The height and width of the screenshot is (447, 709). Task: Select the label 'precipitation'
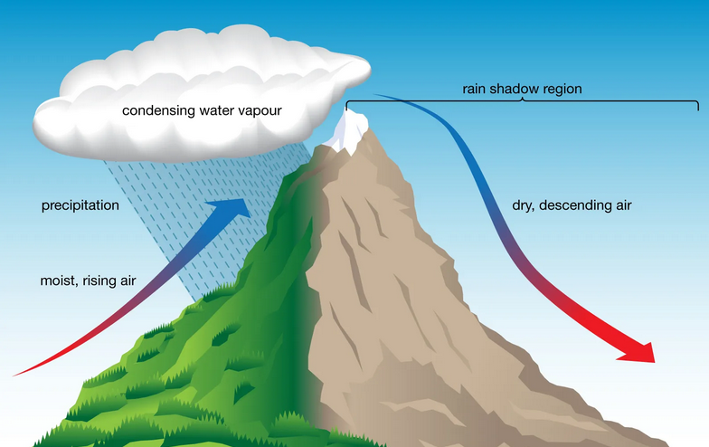[80, 205]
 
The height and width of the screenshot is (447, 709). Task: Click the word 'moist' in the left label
[58, 281]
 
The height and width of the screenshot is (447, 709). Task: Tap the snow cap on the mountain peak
[347, 132]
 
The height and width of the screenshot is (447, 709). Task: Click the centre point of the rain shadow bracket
[523, 100]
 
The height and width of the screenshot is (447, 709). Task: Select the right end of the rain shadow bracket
[698, 109]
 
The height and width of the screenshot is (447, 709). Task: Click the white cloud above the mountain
[201, 95]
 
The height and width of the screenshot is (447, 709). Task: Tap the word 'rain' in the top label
[474, 89]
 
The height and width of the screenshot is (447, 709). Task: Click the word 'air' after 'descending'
[622, 206]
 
